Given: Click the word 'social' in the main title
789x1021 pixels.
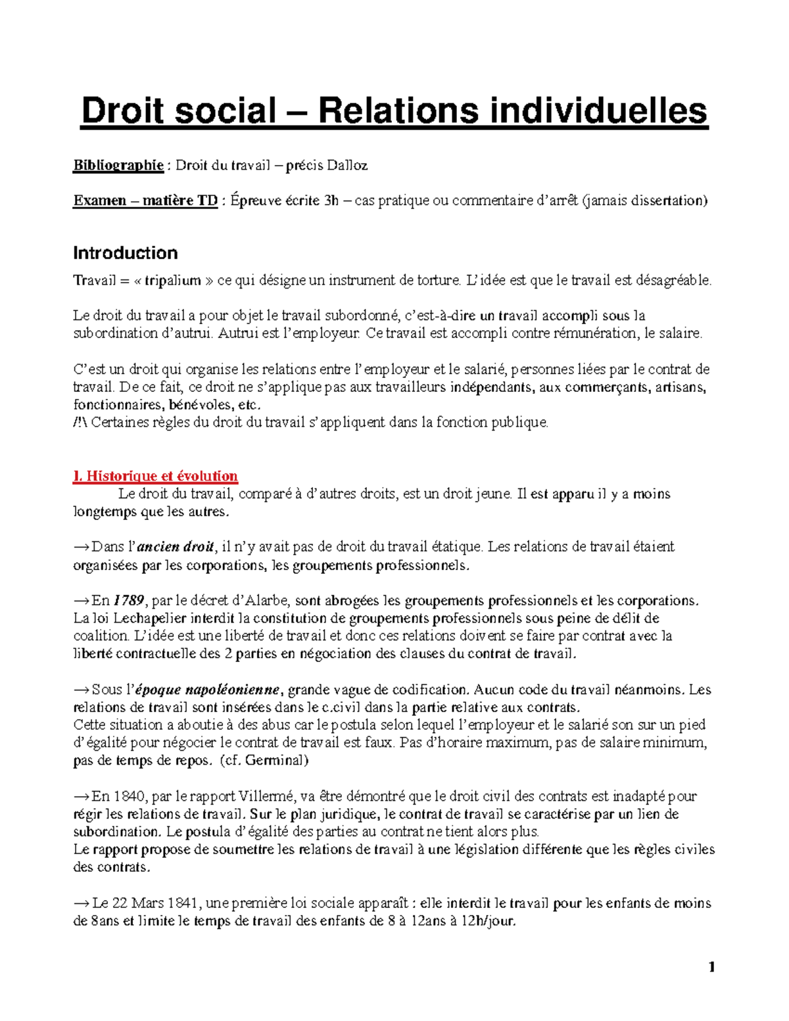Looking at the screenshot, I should click(224, 110).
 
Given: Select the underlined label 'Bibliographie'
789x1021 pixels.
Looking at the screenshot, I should click(118, 165).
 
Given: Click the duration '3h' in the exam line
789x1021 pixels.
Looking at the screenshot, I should click(331, 201).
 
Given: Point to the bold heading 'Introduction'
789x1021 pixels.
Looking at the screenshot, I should click(125, 253).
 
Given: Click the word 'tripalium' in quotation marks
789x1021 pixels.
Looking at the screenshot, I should click(172, 281).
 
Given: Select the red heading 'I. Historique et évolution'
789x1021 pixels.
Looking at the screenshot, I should click(155, 476).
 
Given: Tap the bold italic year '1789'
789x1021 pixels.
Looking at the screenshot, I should click(128, 600).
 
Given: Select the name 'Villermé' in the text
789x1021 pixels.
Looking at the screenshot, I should click(266, 796).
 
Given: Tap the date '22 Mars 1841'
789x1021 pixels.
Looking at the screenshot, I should click(147, 903).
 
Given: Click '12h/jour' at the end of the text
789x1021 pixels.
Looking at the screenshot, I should click(489, 921).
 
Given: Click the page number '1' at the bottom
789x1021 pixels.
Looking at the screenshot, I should click(711, 966).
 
